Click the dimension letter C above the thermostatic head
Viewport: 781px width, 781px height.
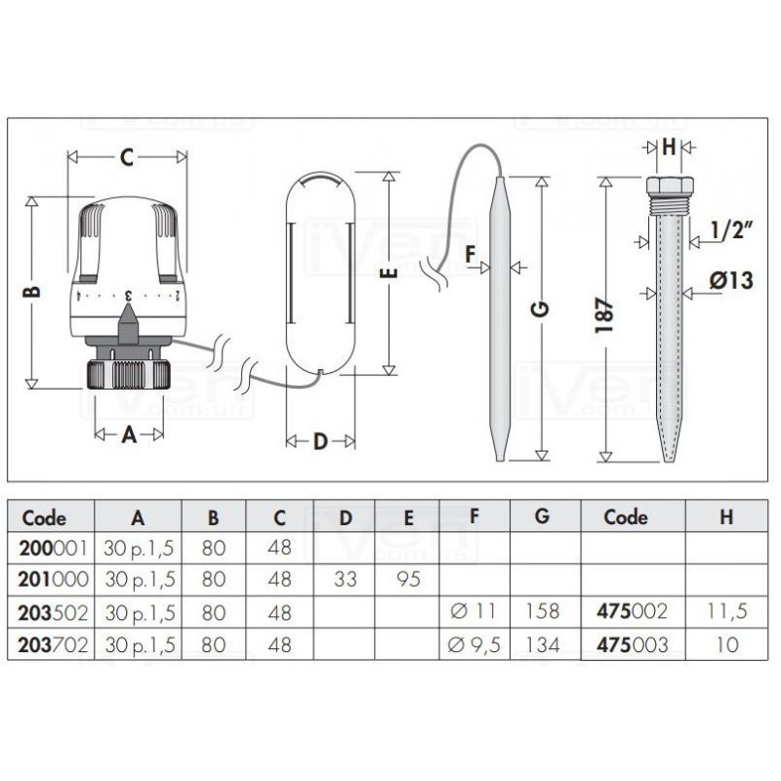tap(127, 157)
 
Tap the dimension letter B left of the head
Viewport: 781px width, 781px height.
tap(32, 292)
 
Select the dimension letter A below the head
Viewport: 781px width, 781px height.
tap(129, 434)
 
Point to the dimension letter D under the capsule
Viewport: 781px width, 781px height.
tap(320, 441)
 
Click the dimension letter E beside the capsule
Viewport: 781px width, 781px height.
tap(391, 273)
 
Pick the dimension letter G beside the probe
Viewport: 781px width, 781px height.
tap(542, 308)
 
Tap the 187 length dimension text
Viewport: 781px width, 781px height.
tap(605, 315)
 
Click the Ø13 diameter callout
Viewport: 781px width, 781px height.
tap(730, 280)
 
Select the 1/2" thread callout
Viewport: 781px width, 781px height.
tap(730, 230)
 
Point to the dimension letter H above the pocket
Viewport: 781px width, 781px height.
tap(669, 147)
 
